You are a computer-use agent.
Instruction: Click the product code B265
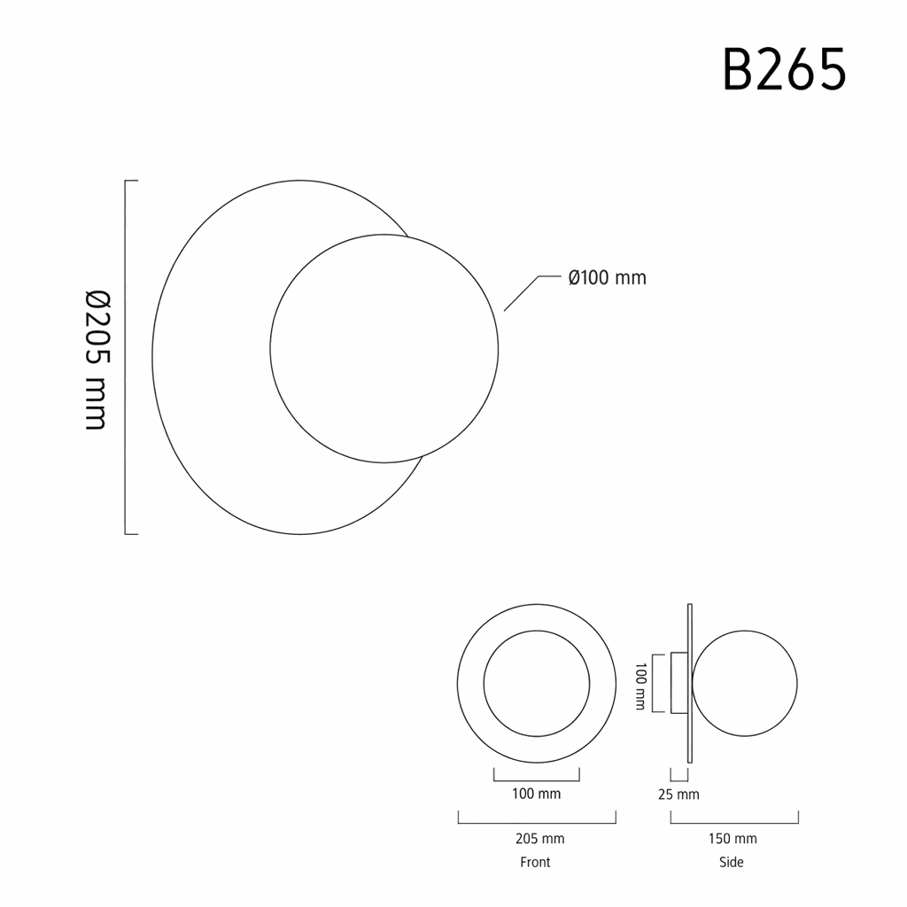[785, 70]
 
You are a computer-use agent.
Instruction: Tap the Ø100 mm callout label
[608, 277]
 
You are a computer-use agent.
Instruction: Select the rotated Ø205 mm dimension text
[97, 360]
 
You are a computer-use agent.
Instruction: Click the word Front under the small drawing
[535, 862]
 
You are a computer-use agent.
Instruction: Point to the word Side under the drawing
[731, 862]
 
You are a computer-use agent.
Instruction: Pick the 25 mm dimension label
[678, 795]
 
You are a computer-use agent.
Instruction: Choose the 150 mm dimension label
[733, 838]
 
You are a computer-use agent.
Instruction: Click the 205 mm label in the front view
[539, 838]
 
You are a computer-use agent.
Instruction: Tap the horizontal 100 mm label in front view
[536, 794]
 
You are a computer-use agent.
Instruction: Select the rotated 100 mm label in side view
[640, 686]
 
